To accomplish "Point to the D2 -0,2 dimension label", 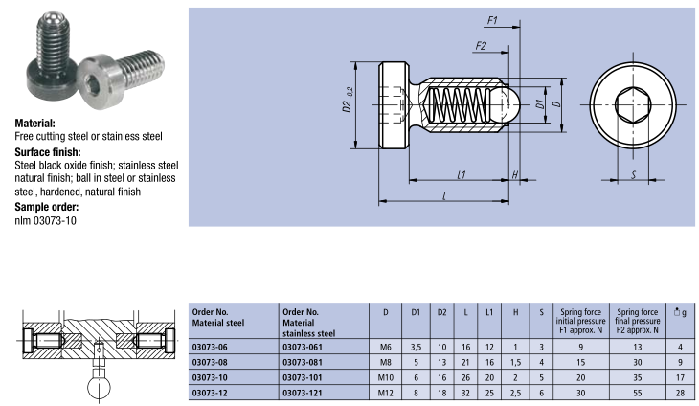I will [x=349, y=103].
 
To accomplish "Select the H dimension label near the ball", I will [x=515, y=174].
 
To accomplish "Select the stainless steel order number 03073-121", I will [x=306, y=393].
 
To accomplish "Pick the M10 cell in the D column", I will [x=385, y=376].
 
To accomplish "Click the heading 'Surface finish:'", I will [x=47, y=151].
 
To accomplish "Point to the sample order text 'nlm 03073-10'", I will [x=45, y=220].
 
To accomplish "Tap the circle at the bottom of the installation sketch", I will [x=99, y=388].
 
